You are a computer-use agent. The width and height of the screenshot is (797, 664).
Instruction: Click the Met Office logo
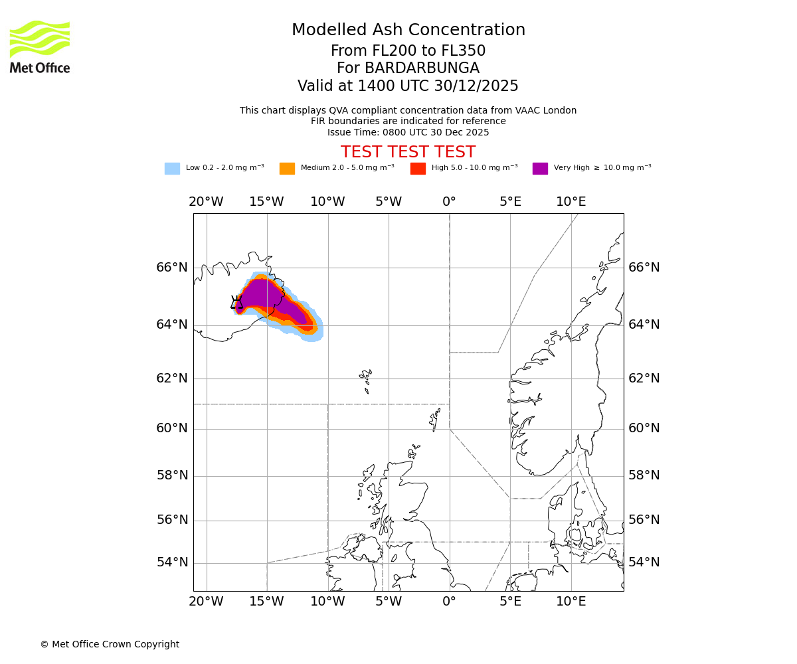pyautogui.click(x=40, y=46)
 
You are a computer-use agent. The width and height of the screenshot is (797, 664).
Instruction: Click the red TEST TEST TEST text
pyautogui.click(x=408, y=152)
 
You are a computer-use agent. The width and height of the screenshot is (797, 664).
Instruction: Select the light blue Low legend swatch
pyautogui.click(x=172, y=168)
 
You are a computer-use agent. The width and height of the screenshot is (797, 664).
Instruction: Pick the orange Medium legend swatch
pyautogui.click(x=287, y=168)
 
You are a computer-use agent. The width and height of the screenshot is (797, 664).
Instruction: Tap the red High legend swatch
pyautogui.click(x=418, y=168)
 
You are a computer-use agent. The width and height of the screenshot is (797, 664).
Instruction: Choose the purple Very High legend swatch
pyautogui.click(x=540, y=168)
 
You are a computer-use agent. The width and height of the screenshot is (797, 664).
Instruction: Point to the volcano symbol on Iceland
pyautogui.click(x=236, y=303)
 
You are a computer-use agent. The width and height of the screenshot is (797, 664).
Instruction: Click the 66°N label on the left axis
pyautogui.click(x=172, y=268)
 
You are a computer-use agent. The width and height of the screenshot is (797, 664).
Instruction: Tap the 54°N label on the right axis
pyautogui.click(x=644, y=562)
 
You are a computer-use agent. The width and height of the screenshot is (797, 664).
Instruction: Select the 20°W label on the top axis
pyautogui.click(x=206, y=202)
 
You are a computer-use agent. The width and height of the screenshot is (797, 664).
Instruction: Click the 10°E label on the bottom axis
pyautogui.click(x=571, y=602)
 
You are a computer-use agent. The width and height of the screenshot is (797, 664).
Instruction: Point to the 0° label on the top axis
pyautogui.click(x=449, y=202)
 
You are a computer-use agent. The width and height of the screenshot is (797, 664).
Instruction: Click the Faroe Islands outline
pyautogui.click(x=366, y=380)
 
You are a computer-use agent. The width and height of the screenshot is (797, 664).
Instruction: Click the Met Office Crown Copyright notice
pyautogui.click(x=110, y=644)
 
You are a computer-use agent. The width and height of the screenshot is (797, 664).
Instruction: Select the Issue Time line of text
pyautogui.click(x=408, y=132)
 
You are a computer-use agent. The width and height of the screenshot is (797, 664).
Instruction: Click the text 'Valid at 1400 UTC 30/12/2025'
pyautogui.click(x=408, y=86)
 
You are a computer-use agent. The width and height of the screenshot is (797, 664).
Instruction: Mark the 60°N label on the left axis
pyautogui.click(x=172, y=428)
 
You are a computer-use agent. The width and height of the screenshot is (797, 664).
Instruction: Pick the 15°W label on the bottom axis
pyautogui.click(x=266, y=602)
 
